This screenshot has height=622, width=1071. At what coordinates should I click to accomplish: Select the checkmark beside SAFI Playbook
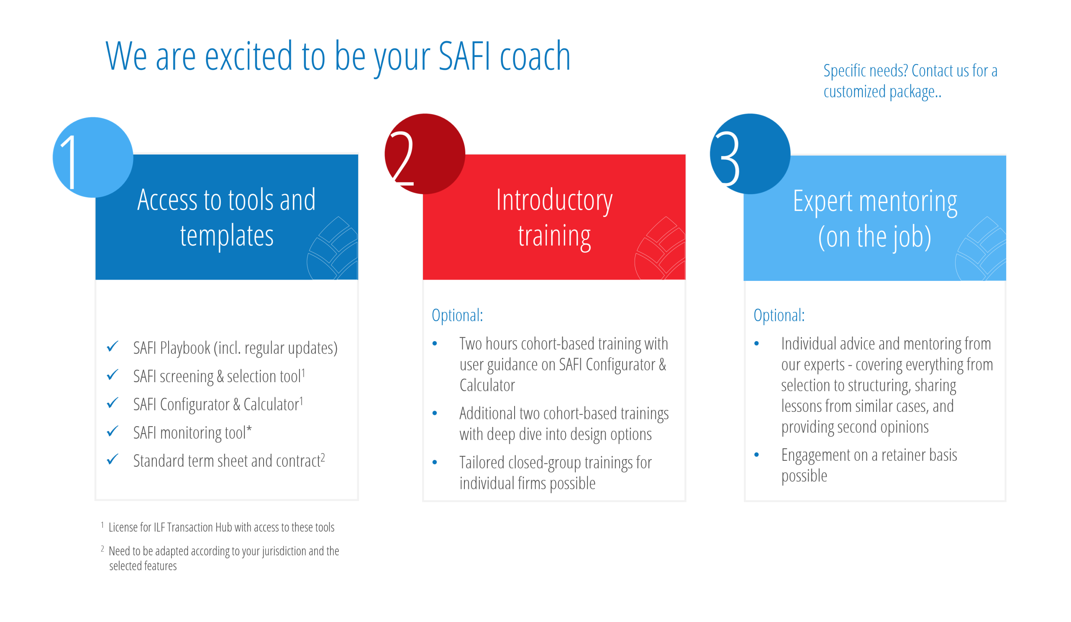tap(113, 346)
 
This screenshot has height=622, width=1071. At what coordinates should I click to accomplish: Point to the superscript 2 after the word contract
tap(323, 457)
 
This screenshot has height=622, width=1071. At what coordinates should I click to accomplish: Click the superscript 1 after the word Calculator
tap(301, 401)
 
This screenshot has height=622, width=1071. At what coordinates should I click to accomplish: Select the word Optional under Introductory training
tap(457, 315)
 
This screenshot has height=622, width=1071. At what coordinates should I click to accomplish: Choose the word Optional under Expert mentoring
tap(779, 315)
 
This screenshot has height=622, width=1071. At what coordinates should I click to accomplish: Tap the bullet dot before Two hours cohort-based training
tap(435, 344)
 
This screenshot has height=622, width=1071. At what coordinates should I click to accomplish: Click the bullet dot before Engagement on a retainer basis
tap(756, 455)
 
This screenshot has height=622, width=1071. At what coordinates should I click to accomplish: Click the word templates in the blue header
tap(226, 236)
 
